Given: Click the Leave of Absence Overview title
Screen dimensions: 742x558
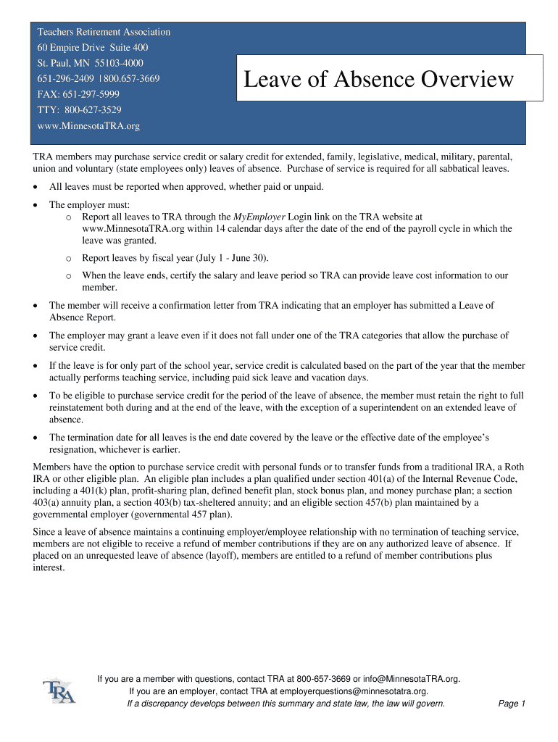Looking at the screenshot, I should [x=378, y=79].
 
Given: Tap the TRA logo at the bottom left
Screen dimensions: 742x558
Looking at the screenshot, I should [x=59, y=691].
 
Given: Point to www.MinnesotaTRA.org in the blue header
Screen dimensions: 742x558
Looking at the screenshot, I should [x=88, y=126].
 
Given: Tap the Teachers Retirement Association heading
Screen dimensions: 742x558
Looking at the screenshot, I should [x=104, y=32].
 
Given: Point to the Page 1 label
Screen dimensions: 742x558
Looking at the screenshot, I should [x=512, y=704].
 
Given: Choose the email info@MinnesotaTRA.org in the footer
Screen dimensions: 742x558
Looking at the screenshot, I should [x=411, y=679].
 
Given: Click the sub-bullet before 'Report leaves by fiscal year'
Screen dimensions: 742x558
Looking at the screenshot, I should [x=67, y=259].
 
